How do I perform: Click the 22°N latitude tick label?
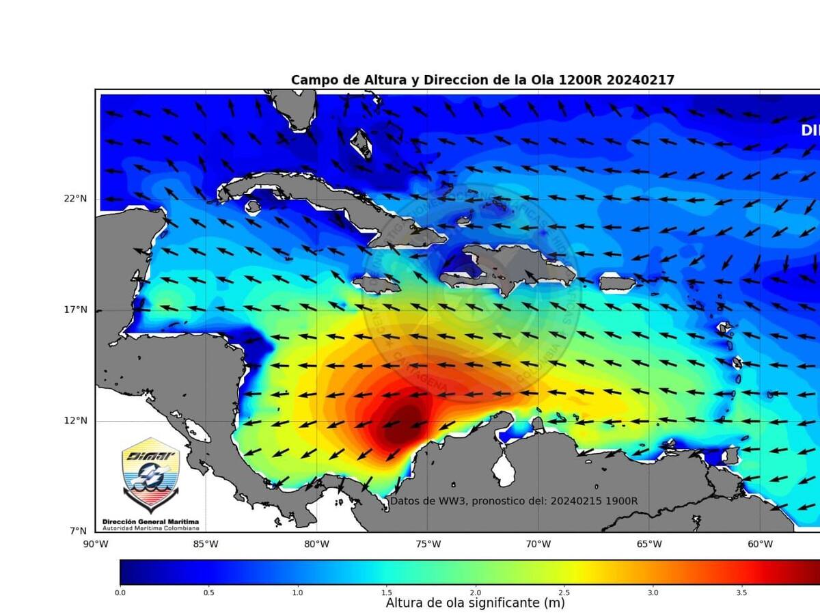[x=76, y=199]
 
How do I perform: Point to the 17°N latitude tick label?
[x=76, y=310]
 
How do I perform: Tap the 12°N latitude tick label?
[x=76, y=421]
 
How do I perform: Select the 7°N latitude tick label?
[x=79, y=531]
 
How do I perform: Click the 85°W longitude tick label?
[x=206, y=545]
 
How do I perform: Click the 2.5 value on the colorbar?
[x=564, y=592]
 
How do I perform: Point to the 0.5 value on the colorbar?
[x=209, y=592]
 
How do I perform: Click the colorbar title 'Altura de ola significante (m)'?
[x=475, y=603]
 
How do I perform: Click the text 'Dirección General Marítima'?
[x=151, y=521]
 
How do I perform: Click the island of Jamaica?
[x=376, y=283]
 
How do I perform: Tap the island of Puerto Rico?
[x=617, y=282]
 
